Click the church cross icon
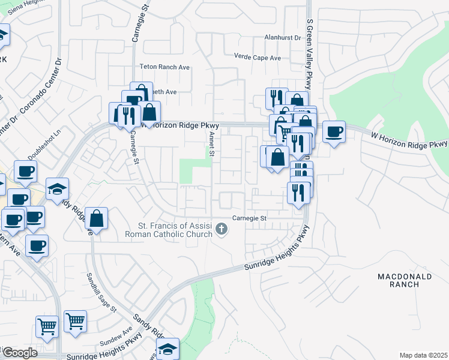click(222, 229)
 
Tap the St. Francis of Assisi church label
click(175, 230)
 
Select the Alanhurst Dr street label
click(282, 37)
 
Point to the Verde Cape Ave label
click(258, 58)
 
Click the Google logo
click(19, 353)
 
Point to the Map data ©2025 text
click(423, 355)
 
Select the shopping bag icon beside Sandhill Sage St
click(96, 219)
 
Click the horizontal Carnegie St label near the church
click(249, 218)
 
